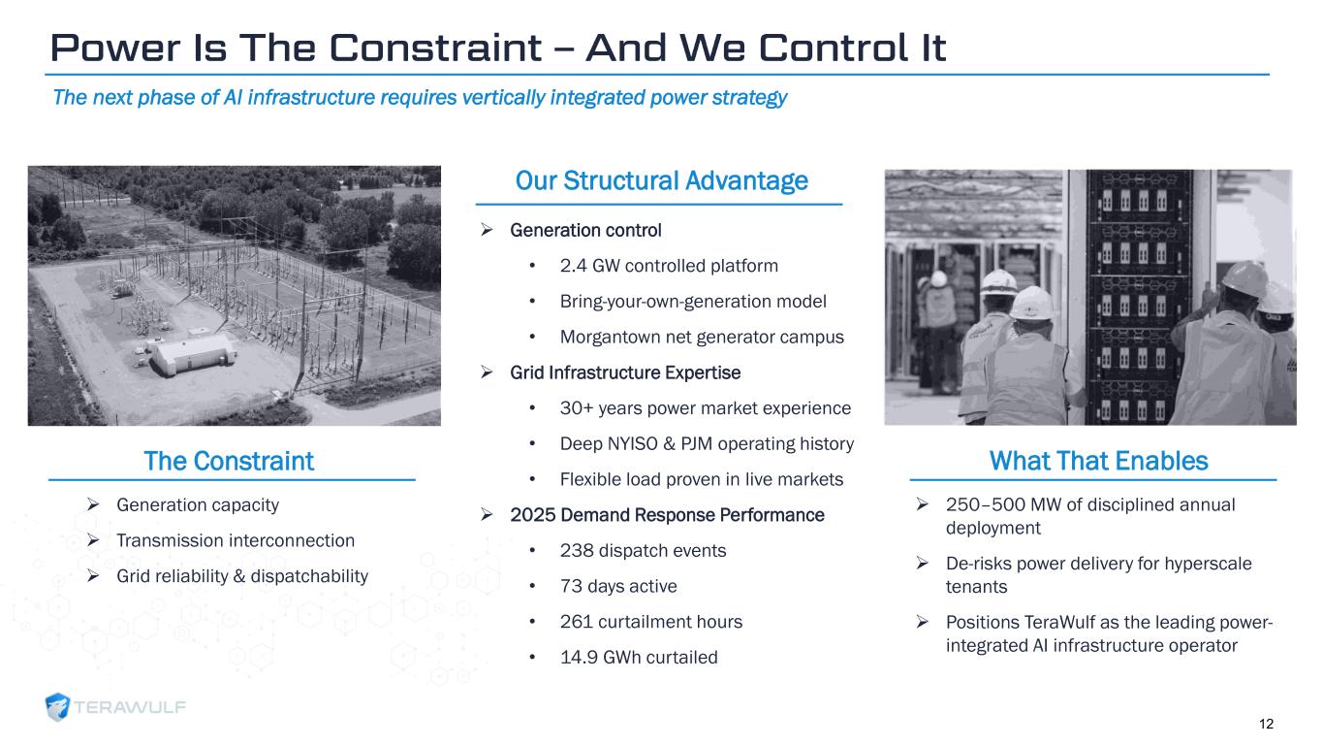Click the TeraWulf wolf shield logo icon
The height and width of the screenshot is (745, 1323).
click(58, 706)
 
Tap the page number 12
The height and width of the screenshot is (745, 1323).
click(1266, 724)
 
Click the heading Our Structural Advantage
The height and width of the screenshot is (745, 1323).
click(661, 180)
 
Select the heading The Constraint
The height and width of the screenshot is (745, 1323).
click(229, 461)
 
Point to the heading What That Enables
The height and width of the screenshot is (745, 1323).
click(1098, 461)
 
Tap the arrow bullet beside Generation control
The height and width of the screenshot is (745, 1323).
click(487, 229)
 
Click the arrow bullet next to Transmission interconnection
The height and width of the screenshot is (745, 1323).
click(93, 539)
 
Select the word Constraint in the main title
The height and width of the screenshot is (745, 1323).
click(435, 48)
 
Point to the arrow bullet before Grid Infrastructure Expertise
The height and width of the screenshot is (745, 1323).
click(487, 372)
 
